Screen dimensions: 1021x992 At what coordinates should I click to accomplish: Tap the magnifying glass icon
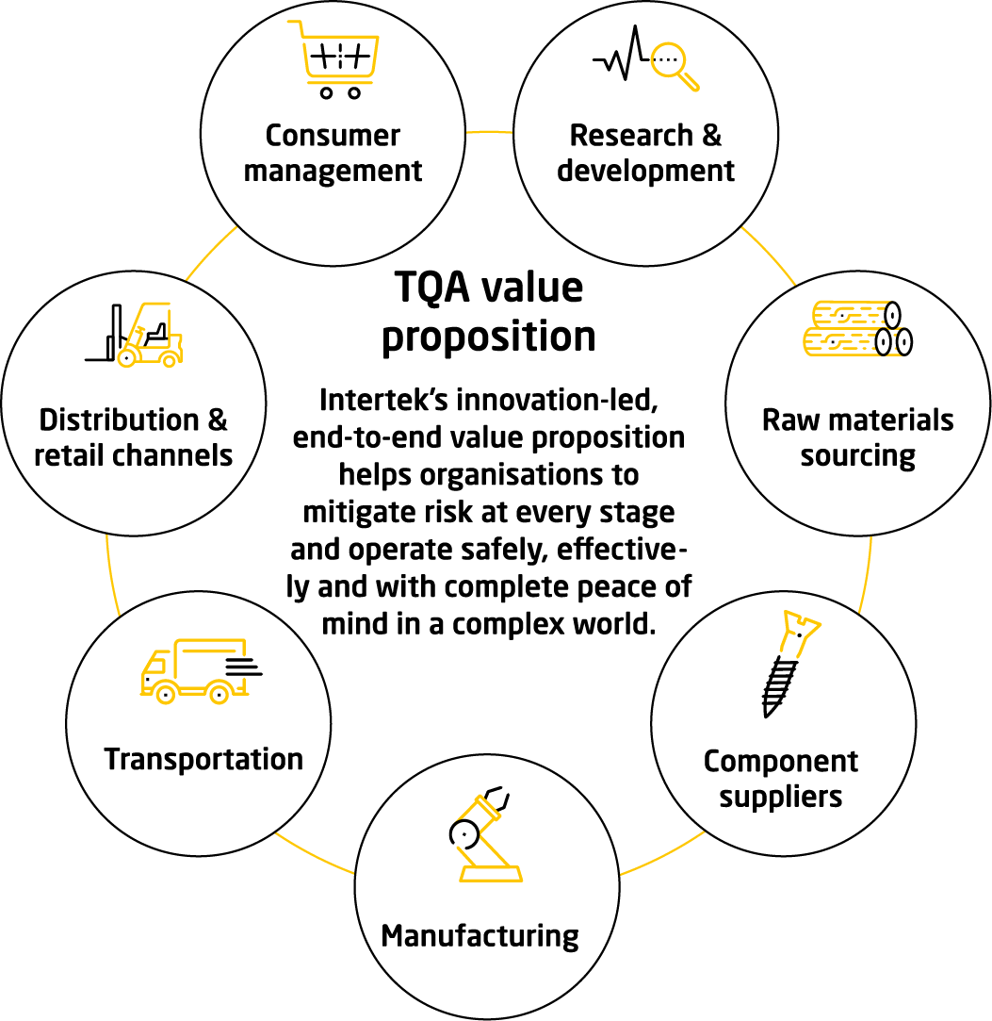675,66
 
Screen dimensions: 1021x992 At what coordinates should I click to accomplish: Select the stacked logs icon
857,329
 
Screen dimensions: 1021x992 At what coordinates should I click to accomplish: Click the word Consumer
333,136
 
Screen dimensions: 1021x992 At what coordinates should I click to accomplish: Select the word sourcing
857,456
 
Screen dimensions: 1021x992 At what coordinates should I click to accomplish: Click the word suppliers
781,797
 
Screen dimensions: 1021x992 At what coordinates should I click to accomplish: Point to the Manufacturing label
480,936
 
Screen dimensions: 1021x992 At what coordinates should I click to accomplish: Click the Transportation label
203,759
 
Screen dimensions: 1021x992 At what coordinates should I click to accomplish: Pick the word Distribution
119,420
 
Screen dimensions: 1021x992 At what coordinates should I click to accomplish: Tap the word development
645,172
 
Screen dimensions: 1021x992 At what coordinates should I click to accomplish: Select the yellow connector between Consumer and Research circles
490,131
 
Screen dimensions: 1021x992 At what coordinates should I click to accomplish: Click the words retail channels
133,455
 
